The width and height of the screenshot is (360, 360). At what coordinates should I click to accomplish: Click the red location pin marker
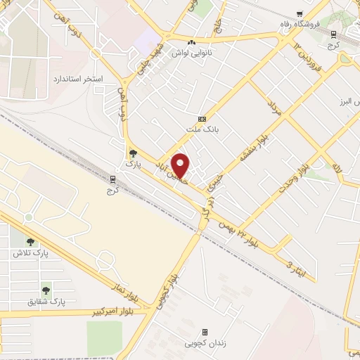pyautogui.click(x=180, y=165)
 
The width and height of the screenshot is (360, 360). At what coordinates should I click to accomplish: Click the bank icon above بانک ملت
pyautogui.click(x=202, y=119)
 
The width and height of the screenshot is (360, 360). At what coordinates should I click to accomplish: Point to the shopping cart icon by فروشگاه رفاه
pyautogui.click(x=300, y=14)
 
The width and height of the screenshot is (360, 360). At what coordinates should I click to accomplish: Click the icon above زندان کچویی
pyautogui.click(x=205, y=332)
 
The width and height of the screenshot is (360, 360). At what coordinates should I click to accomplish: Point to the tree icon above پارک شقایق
pyautogui.click(x=46, y=289)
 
